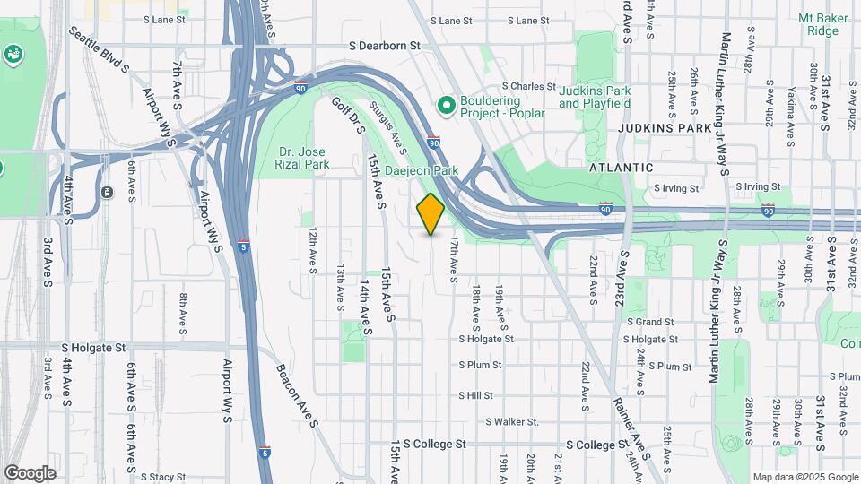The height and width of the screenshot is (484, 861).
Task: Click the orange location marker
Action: point(430,213)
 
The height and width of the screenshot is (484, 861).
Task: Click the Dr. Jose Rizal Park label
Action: point(302,158)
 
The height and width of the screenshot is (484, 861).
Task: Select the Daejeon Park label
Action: point(422,169)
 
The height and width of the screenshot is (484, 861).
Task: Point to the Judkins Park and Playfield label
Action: point(595,97)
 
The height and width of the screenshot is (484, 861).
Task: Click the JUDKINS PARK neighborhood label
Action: point(664,128)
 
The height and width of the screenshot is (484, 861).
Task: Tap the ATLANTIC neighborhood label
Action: point(621,168)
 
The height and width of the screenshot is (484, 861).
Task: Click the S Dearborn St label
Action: point(384,44)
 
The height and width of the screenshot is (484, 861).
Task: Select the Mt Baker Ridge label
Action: point(818,24)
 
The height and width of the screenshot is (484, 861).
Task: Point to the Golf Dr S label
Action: point(349,116)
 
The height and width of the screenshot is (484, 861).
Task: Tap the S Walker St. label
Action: point(511,421)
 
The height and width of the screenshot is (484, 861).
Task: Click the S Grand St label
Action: point(649,321)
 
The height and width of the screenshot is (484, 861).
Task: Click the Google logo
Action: point(30,472)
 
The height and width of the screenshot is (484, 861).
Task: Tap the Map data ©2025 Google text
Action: point(804,477)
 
